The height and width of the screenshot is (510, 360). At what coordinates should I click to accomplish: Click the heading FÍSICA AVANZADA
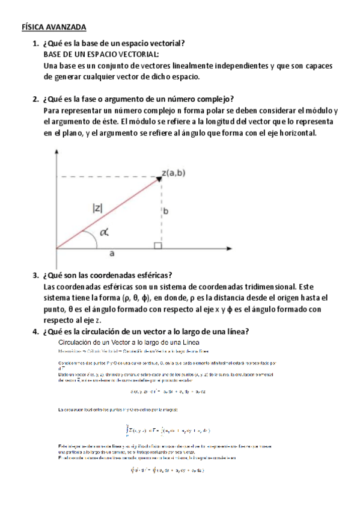54,28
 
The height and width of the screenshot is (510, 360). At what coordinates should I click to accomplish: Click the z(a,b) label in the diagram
174,173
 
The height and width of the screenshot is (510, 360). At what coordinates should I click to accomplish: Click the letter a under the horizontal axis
112,254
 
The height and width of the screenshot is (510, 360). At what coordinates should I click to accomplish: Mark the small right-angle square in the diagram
157,245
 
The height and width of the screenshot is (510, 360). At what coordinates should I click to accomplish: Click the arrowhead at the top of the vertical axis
56,154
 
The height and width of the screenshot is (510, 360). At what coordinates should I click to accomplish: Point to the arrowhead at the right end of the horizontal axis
233,248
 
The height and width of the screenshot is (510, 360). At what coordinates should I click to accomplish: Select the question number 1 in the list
34,43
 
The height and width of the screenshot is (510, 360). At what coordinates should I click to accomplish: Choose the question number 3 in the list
34,275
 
